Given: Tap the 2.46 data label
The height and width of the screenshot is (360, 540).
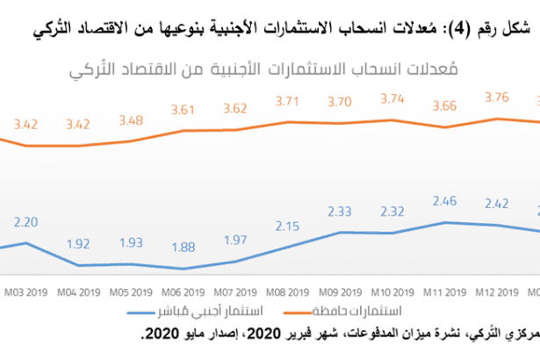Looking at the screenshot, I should point(447,202).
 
